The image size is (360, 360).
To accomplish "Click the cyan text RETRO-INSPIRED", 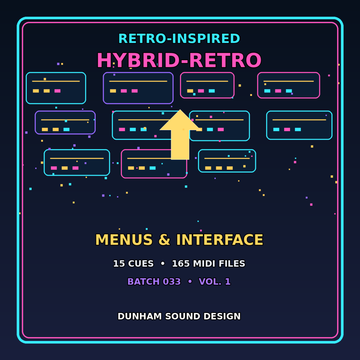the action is click(179, 39).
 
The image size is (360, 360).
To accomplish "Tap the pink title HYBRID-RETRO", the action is click(179, 60).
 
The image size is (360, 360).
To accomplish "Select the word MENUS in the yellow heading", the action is click(124, 240).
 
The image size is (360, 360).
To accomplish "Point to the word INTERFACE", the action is click(219, 240).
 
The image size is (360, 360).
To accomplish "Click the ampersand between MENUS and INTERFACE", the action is click(165, 240).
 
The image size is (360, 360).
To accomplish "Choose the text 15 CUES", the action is click(133, 264).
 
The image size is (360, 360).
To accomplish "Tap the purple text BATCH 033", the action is click(154, 282).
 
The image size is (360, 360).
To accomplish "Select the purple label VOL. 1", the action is click(214, 282).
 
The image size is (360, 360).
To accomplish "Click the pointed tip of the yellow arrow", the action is click(180, 110).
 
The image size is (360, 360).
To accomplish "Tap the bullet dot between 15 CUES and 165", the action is click(162, 264).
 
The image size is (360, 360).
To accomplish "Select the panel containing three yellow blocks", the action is click(227, 161).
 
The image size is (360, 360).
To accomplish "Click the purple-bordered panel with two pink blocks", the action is click(138, 88).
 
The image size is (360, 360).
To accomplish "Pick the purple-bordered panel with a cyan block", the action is click(65, 122).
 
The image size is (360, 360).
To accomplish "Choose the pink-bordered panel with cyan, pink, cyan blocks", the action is click(289, 85).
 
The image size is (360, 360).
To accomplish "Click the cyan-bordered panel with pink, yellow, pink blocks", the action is click(77, 162).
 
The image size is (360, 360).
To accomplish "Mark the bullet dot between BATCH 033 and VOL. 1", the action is click(190, 282).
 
